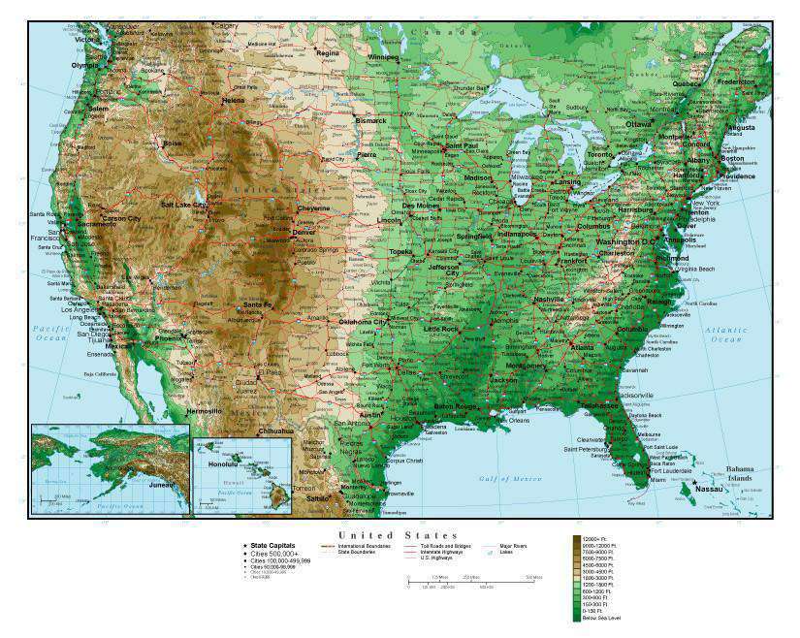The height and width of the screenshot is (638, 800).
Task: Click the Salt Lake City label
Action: pyautogui.click(x=182, y=205)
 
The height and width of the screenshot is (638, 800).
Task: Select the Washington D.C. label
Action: pyautogui.click(x=626, y=240)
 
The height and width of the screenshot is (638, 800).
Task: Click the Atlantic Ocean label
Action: pyautogui.click(x=726, y=335)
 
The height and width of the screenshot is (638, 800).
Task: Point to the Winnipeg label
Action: pyautogui.click(x=382, y=57)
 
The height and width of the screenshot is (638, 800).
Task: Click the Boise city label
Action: pyautogui.click(x=172, y=144)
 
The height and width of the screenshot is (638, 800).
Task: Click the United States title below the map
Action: pyautogui.click(x=398, y=535)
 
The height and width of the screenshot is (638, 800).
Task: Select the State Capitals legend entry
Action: pyautogui.click(x=272, y=546)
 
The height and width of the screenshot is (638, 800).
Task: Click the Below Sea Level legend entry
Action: pyautogui.click(x=601, y=618)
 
